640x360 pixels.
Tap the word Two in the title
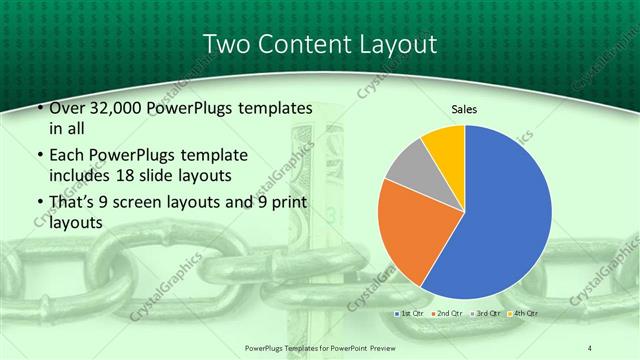pos(226,44)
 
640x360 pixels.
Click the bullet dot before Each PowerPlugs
pos(38,156)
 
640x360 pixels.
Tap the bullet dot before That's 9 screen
pos(38,204)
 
